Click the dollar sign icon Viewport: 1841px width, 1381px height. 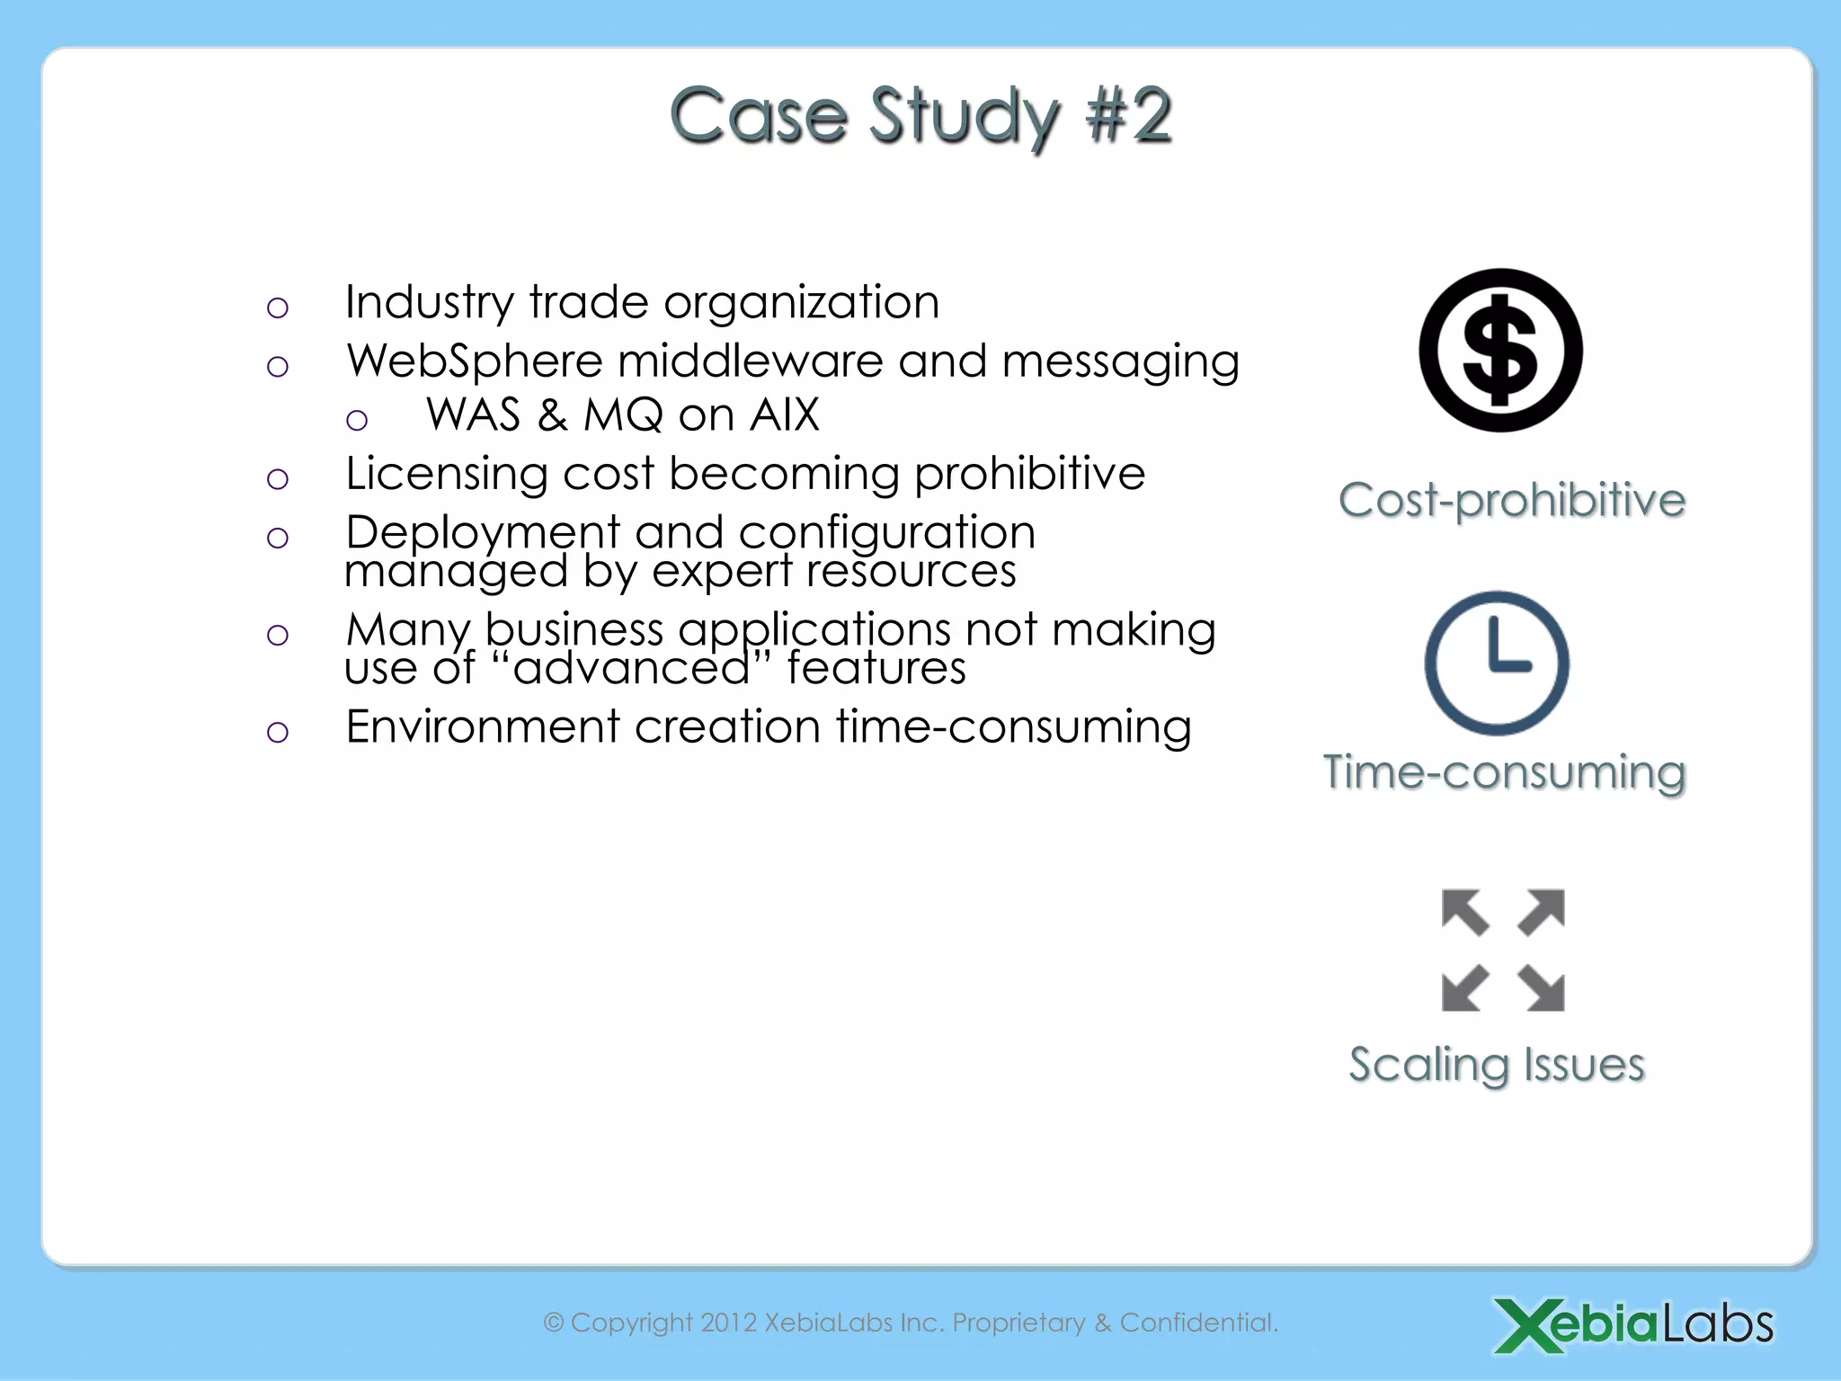click(1500, 351)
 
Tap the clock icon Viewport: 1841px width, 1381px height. click(1497, 663)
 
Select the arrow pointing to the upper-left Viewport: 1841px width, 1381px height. click(1464, 912)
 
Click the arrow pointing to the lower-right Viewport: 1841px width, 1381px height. click(1543, 988)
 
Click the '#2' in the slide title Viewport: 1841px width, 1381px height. click(1128, 116)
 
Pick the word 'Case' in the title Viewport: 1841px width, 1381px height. click(758, 116)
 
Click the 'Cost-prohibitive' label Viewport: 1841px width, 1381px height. click(1511, 500)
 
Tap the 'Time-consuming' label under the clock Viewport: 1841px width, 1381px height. click(1504, 772)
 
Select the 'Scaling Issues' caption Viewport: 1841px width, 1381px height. click(1497, 1065)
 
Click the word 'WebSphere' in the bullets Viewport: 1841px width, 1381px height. click(475, 361)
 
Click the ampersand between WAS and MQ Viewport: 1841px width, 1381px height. click(552, 415)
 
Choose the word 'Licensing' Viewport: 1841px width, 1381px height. click(446, 474)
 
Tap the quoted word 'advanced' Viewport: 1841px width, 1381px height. click(632, 668)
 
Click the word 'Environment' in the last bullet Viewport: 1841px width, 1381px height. click(483, 726)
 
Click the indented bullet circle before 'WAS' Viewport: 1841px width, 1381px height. click(357, 420)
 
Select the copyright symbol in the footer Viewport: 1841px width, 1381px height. click(554, 1323)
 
